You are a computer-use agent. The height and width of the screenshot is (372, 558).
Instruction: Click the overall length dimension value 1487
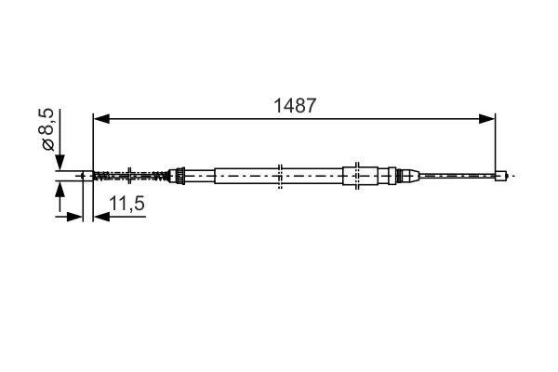click(295, 106)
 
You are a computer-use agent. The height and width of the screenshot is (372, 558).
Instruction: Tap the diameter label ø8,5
click(47, 129)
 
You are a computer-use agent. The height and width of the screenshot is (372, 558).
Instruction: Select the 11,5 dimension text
click(126, 204)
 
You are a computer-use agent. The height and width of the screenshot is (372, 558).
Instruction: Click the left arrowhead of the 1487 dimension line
click(101, 119)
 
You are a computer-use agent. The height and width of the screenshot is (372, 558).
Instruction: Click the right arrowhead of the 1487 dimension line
click(486, 119)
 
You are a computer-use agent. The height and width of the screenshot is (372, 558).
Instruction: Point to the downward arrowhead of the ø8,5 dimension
click(60, 163)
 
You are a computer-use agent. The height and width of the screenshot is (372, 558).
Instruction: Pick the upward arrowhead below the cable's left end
click(60, 189)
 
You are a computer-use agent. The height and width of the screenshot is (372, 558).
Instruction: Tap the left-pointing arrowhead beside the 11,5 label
click(101, 217)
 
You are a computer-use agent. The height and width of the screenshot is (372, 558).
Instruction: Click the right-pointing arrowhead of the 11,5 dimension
click(74, 217)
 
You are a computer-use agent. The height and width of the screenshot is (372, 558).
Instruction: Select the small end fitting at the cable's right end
click(500, 176)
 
